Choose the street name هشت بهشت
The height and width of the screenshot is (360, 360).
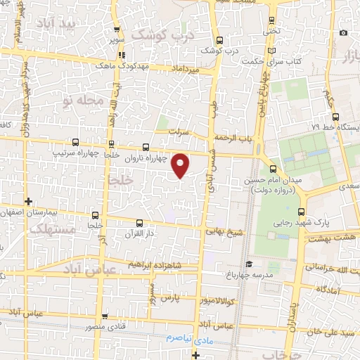pos(335,240)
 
